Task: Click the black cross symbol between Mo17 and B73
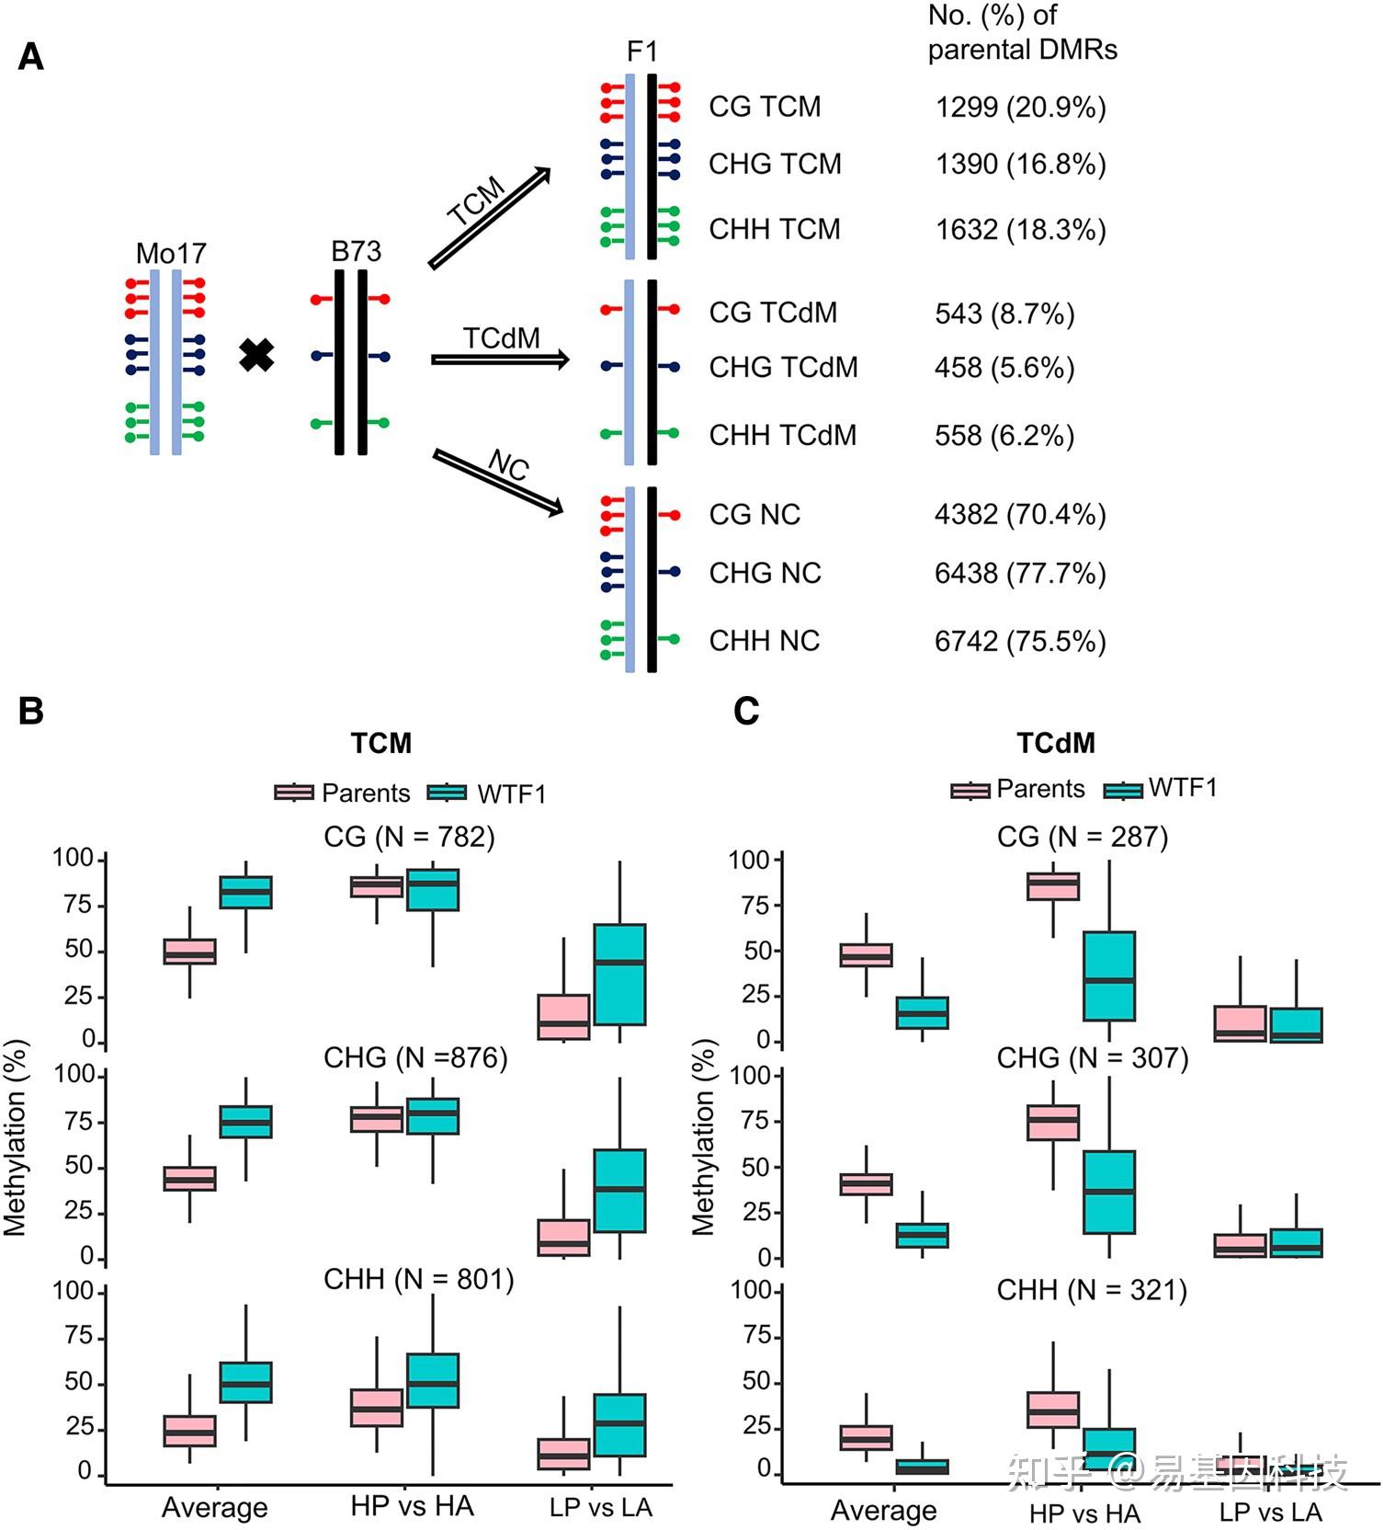[x=256, y=355]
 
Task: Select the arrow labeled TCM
[x=489, y=218]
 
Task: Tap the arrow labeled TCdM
[x=500, y=360]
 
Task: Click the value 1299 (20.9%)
[x=1020, y=108]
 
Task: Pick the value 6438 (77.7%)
[x=1020, y=574]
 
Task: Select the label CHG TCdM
[x=783, y=368]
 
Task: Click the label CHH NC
[x=764, y=641]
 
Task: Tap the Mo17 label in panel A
[x=171, y=253]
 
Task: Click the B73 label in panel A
[x=356, y=251]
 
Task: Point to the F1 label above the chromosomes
[x=641, y=51]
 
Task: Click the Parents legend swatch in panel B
[x=294, y=793]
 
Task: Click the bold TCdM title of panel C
[x=1056, y=743]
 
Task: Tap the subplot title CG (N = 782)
[x=409, y=837]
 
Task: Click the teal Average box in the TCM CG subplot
[x=245, y=892]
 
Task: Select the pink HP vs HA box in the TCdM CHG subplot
[x=1053, y=1122]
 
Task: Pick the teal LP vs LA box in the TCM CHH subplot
[x=619, y=1424]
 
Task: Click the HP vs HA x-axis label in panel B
[x=412, y=1506]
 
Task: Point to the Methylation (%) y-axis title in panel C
[x=704, y=1137]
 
